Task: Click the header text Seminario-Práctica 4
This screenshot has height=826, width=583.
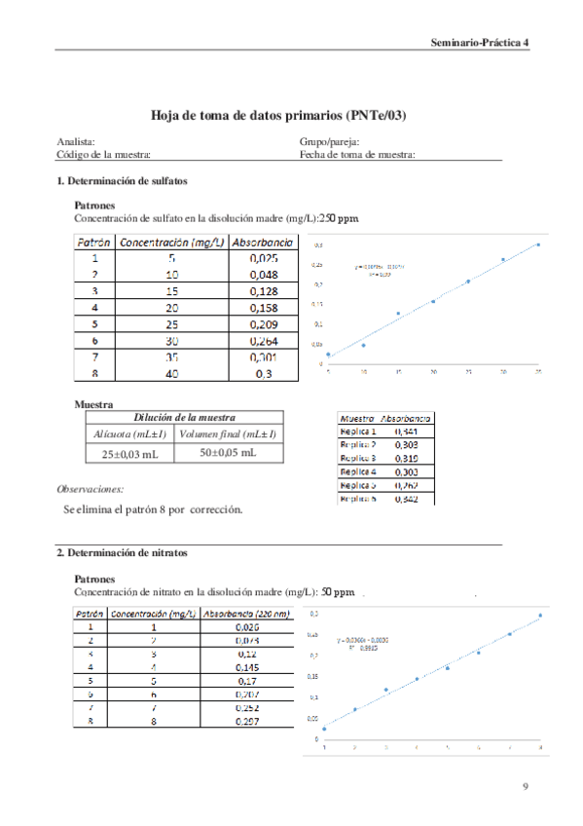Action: click(x=480, y=44)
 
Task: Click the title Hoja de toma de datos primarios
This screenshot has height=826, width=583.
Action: click(x=277, y=114)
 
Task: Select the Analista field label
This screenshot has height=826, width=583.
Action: click(x=76, y=142)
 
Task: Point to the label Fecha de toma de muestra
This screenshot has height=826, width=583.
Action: click(x=357, y=154)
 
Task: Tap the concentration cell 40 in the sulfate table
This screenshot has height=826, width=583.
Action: click(x=171, y=373)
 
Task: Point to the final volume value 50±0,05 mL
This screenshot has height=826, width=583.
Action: click(x=230, y=453)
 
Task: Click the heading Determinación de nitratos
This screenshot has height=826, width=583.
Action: click(x=122, y=553)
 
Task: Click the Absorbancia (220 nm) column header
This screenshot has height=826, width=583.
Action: click(x=247, y=614)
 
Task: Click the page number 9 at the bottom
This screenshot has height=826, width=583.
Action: click(x=526, y=785)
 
